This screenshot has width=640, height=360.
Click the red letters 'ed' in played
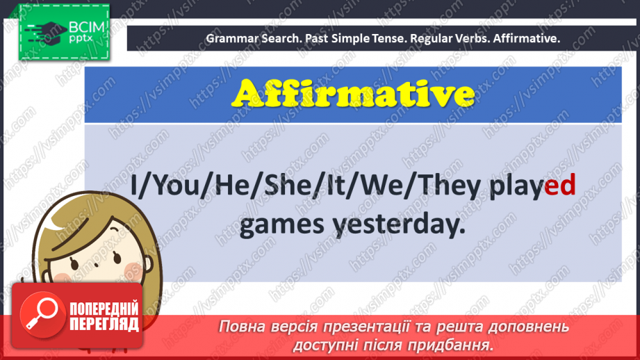tap(559, 187)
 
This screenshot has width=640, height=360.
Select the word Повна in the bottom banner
tap(240, 327)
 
